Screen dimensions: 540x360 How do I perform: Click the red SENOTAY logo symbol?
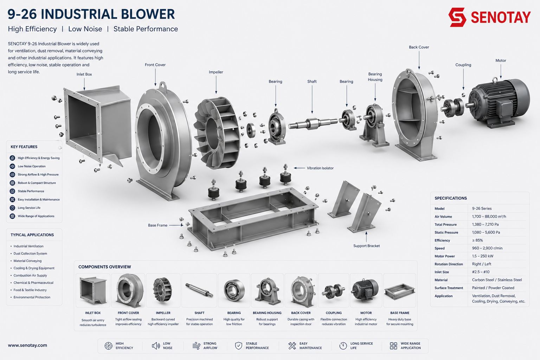(x=457, y=17)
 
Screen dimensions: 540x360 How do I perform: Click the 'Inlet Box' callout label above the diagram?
(x=84, y=74)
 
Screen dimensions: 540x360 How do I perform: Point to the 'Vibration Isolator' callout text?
(x=320, y=168)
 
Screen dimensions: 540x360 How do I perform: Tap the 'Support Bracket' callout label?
(x=366, y=246)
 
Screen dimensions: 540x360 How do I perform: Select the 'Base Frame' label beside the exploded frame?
(x=157, y=225)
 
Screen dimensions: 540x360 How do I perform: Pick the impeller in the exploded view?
(x=217, y=133)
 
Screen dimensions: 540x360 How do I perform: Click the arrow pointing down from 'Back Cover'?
(x=419, y=60)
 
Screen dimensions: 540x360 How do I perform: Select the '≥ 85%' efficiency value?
(x=477, y=240)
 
